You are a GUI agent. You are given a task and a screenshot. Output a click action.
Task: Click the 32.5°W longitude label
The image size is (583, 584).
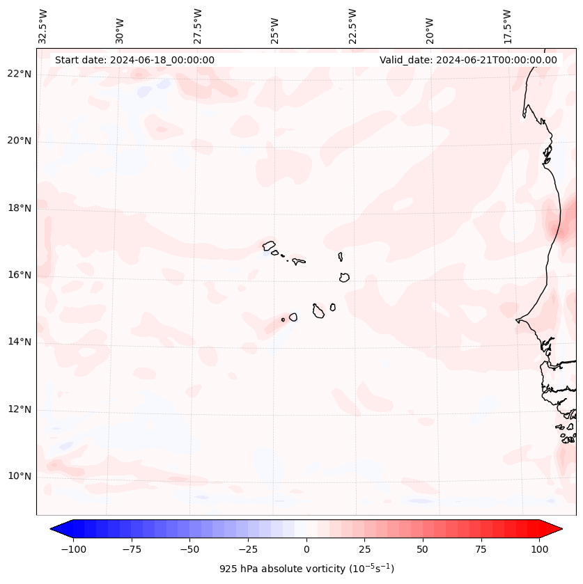pos(43,26)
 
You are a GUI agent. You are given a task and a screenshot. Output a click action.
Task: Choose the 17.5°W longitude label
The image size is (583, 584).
pos(507,26)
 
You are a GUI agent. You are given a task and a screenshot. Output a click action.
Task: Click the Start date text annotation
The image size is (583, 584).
pos(134,60)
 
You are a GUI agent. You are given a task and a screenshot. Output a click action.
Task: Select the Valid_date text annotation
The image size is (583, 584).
pos(468,60)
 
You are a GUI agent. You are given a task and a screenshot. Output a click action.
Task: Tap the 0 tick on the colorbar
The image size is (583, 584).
pos(306,549)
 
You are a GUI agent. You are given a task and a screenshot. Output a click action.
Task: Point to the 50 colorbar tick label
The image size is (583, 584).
pos(423,549)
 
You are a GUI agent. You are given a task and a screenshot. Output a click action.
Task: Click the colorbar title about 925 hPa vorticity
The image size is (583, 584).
pos(306,569)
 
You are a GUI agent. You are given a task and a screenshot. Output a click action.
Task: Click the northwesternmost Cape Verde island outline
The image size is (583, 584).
pos(269,245)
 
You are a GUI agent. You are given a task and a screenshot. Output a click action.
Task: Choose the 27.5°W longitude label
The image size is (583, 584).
pos(198,26)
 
